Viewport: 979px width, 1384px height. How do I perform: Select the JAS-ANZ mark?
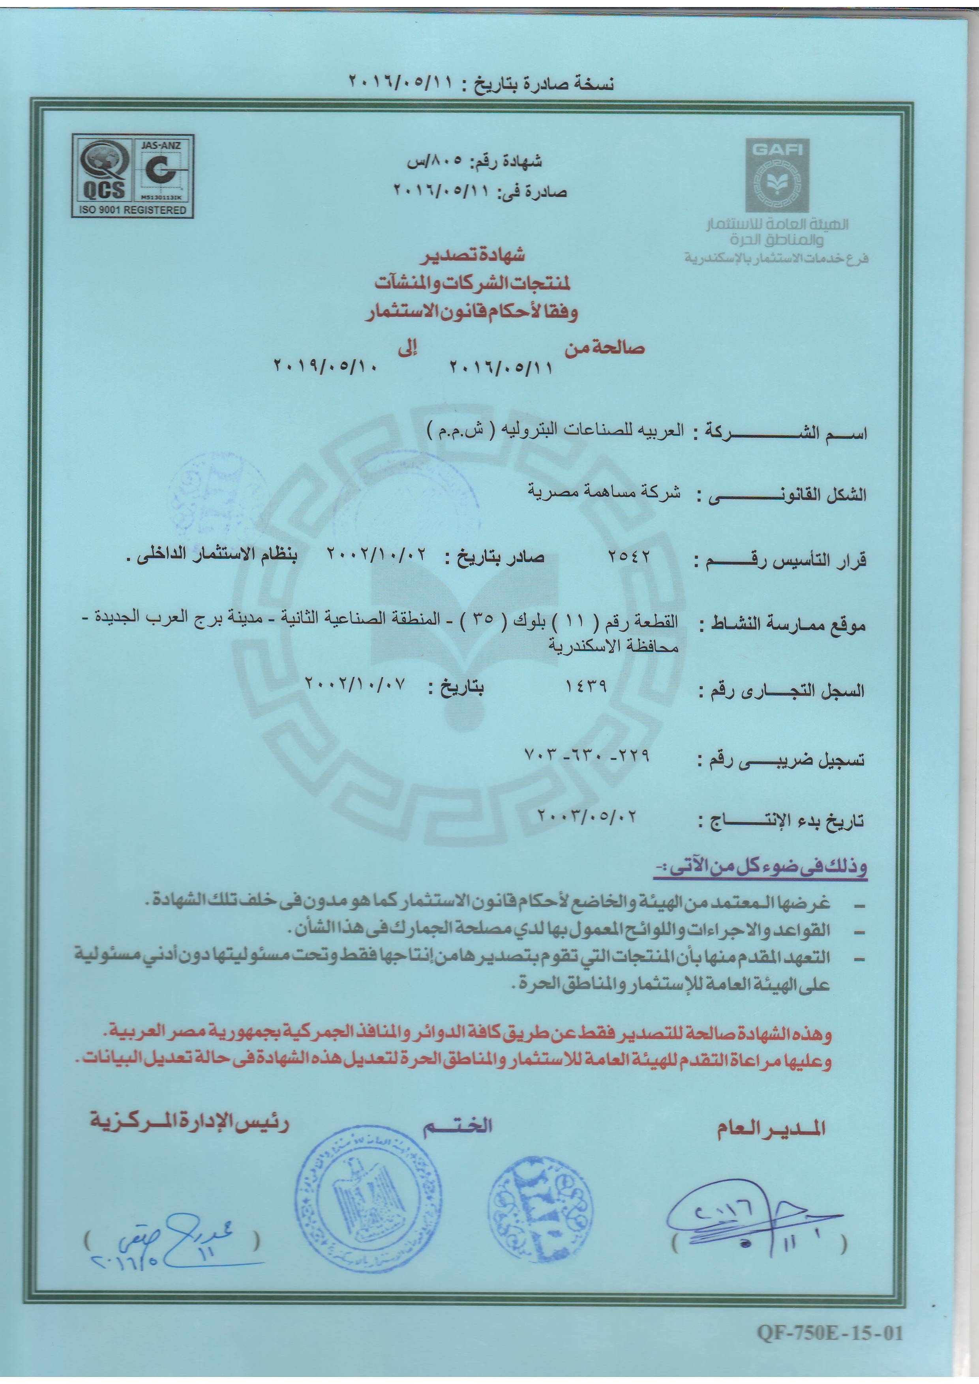point(160,169)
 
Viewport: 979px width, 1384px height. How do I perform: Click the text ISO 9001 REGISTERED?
point(131,210)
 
